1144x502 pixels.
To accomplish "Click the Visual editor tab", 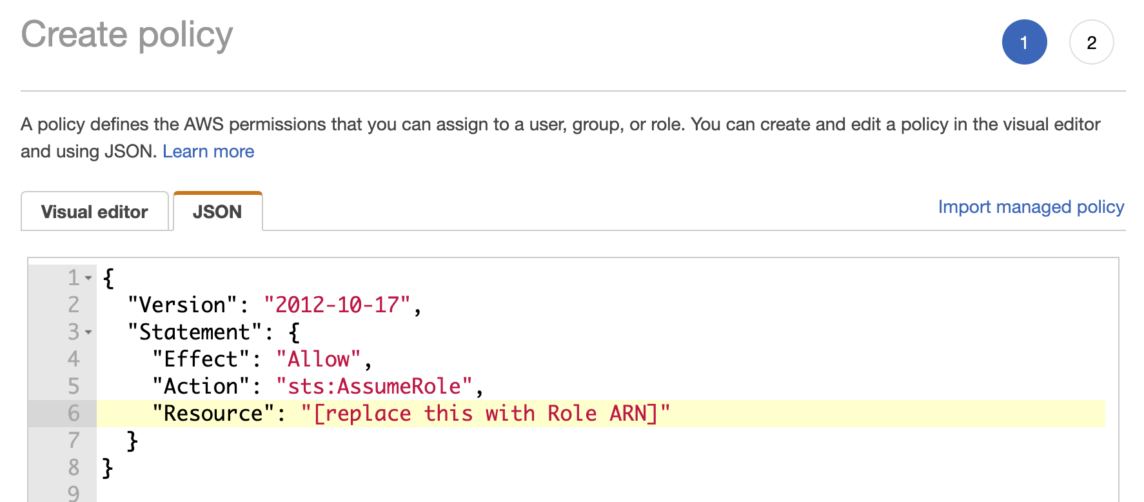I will pyautogui.click(x=95, y=212).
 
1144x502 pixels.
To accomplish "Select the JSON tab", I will pyautogui.click(x=217, y=212).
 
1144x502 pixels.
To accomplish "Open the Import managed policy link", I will pyautogui.click(x=1031, y=207).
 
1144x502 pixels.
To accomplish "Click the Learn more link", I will pyautogui.click(x=208, y=152).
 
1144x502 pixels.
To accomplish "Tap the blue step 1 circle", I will pyautogui.click(x=1024, y=43).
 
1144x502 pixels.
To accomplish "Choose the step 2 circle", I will pyautogui.click(x=1091, y=43).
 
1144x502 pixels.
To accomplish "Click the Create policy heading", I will pyautogui.click(x=127, y=35).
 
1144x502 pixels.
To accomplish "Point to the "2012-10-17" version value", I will pyautogui.click(x=337, y=305).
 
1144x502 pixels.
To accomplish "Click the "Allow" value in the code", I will pyautogui.click(x=319, y=359).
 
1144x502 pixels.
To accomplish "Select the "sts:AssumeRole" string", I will pyautogui.click(x=374, y=387).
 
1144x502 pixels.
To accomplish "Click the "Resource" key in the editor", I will pyautogui.click(x=213, y=414).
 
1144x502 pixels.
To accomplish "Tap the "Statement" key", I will pyautogui.click(x=195, y=332).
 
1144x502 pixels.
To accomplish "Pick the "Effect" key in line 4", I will pyautogui.click(x=201, y=359).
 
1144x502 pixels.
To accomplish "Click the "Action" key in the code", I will pyautogui.click(x=201, y=387).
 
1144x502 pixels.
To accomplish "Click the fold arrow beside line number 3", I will pyautogui.click(x=88, y=332).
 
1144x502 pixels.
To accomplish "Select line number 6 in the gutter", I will pyautogui.click(x=74, y=414).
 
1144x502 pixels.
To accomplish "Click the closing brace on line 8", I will pyautogui.click(x=108, y=468).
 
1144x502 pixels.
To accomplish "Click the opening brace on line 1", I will pyautogui.click(x=108, y=278).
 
